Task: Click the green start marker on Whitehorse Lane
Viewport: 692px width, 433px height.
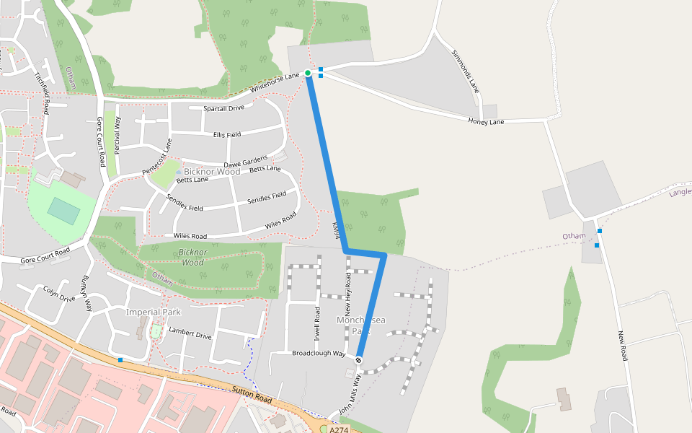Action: [308, 73]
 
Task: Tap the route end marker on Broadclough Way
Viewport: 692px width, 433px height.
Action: [358, 359]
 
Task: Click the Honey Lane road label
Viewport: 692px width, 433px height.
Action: [486, 121]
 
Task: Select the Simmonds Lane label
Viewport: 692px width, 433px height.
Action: [466, 71]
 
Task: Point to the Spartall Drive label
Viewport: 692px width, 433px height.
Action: [223, 108]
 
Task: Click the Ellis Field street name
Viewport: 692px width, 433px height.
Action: [227, 134]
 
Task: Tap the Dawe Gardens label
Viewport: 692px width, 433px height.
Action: [245, 162]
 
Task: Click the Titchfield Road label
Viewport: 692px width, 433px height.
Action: [42, 92]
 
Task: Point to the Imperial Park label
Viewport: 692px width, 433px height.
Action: [153, 312]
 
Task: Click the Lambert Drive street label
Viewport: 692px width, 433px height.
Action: [190, 336]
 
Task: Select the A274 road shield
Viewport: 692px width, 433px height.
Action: [338, 429]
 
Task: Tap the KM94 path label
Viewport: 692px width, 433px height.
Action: [335, 231]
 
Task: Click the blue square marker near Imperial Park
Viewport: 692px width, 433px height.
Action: [120, 359]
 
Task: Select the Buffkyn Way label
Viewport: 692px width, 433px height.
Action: [87, 293]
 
